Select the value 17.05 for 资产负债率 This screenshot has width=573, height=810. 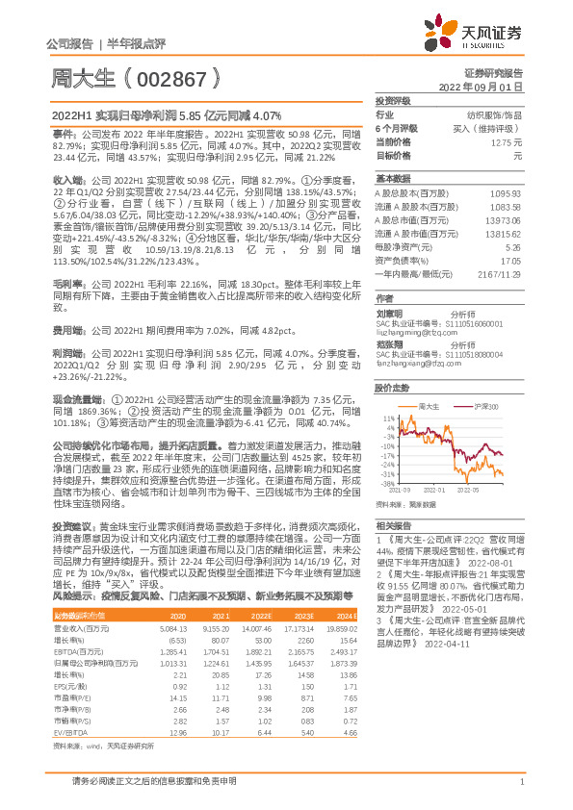point(511,260)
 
